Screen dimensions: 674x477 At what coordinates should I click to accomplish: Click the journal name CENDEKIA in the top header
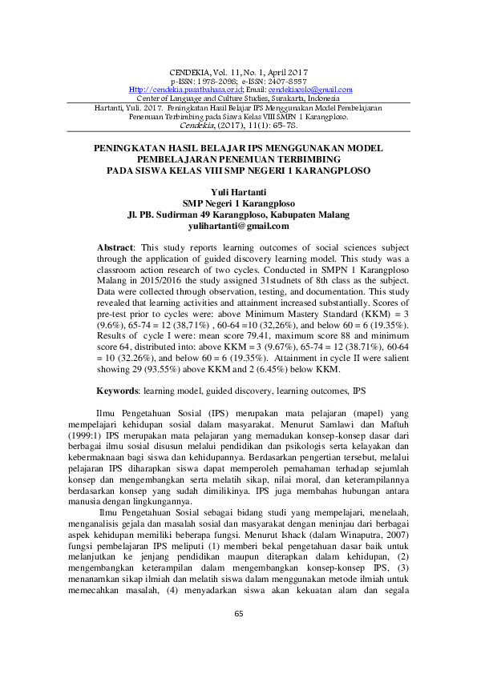[192, 73]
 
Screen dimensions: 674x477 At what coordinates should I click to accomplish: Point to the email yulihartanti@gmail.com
[238, 227]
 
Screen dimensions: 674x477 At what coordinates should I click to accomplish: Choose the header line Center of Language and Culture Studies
[238, 98]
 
